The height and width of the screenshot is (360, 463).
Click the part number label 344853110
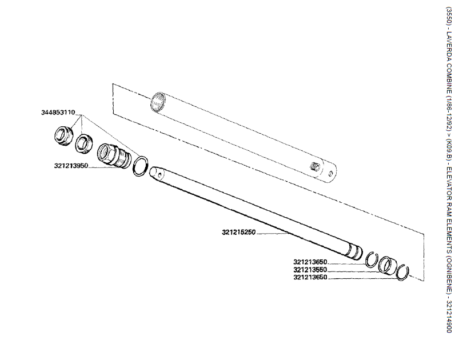coord(58,112)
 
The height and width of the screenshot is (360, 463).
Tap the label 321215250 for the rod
coord(240,233)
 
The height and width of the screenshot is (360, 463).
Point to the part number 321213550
coord(310,269)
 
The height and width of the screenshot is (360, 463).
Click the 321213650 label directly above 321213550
coord(310,261)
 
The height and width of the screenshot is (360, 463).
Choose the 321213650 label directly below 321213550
coord(310,277)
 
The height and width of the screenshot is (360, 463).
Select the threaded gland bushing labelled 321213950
coord(113,155)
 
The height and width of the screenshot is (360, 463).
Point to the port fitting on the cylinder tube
coord(314,166)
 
